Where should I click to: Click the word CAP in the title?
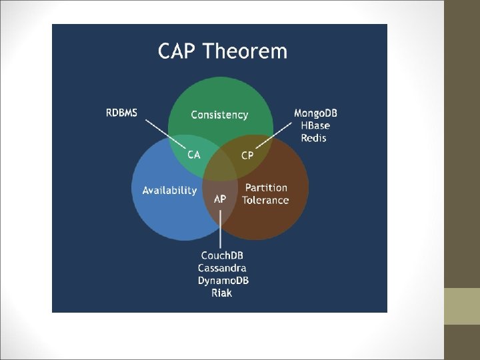tap(176, 51)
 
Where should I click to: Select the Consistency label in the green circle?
tap(219, 115)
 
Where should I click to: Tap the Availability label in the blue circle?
tap(169, 191)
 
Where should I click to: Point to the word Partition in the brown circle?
tap(266, 187)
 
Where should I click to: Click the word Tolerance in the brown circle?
tap(265, 200)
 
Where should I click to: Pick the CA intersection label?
tap(194, 155)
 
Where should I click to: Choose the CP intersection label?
tap(247, 155)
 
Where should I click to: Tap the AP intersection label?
tap(220, 199)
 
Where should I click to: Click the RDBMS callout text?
tap(121, 113)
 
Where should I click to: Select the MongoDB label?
tap(315, 113)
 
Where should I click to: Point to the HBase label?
tap(315, 125)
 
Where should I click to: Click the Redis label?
tap(313, 138)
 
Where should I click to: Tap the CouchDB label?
tap(222, 255)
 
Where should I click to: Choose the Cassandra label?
tap(222, 268)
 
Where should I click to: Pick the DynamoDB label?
tap(223, 281)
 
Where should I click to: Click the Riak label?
tap(221, 293)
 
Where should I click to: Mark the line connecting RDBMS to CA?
tap(165, 135)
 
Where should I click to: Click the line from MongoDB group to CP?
tap(274, 135)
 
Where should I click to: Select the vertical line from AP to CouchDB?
tap(220, 229)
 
